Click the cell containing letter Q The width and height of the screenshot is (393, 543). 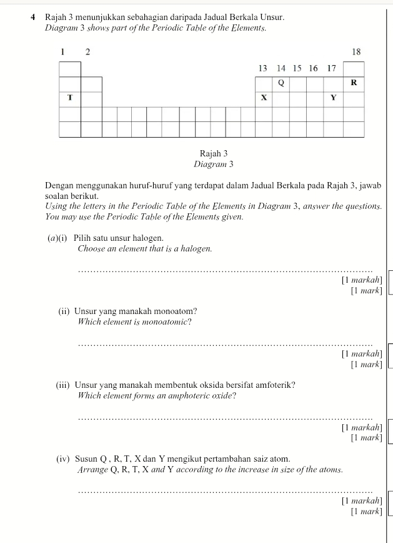281,83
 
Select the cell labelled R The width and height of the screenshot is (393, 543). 354,83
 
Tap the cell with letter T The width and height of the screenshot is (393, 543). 70,98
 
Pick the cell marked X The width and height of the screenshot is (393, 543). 264,98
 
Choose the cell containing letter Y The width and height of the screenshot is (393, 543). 333,98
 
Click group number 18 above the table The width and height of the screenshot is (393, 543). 356,52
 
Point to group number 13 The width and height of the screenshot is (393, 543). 263,68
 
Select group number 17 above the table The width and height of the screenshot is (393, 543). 331,68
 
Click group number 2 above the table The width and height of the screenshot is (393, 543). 87,52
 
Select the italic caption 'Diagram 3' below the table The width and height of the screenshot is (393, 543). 213,165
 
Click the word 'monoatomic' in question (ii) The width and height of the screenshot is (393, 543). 165,322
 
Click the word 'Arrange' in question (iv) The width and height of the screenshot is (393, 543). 93,469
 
